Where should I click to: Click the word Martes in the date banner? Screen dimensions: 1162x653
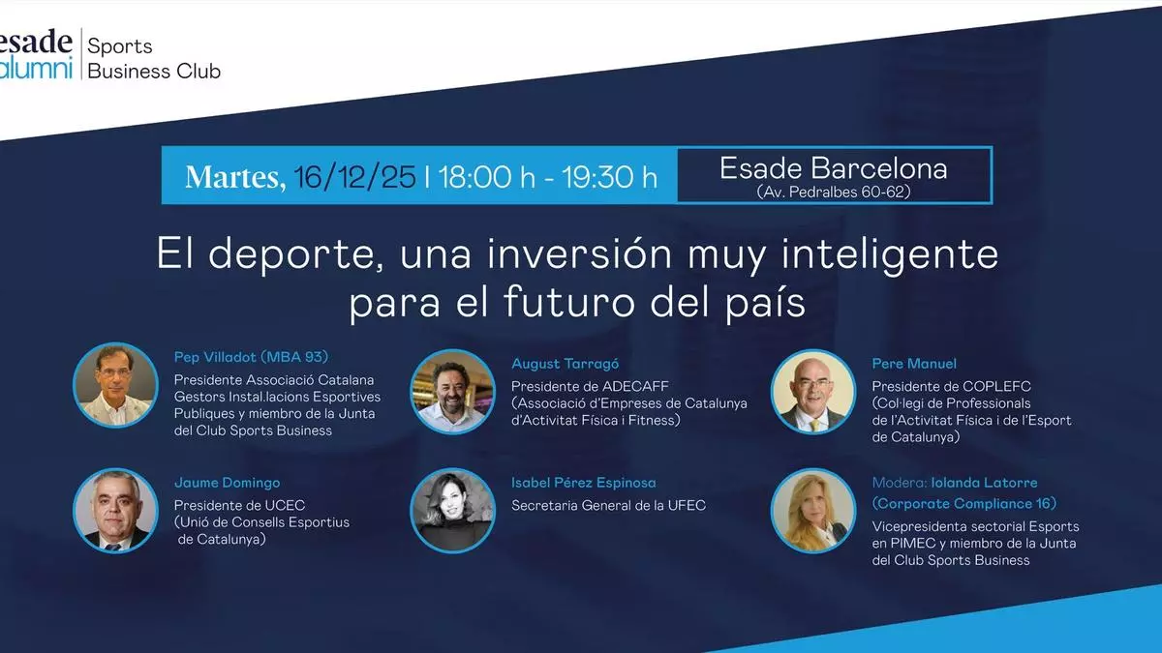pyautogui.click(x=235, y=177)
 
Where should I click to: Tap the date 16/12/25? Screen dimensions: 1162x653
pyautogui.click(x=355, y=177)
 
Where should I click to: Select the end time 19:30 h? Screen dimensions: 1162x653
pyautogui.click(x=609, y=177)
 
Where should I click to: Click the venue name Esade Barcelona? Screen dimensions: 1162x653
pyautogui.click(x=834, y=168)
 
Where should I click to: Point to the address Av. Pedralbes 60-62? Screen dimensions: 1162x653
pyautogui.click(x=834, y=192)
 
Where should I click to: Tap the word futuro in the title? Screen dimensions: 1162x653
pyautogui.click(x=569, y=302)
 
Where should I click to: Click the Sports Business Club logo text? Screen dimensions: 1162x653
pyautogui.click(x=154, y=58)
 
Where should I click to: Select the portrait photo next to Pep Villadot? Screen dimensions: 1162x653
pyautogui.click(x=115, y=385)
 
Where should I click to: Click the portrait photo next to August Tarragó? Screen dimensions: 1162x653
pyautogui.click(x=453, y=391)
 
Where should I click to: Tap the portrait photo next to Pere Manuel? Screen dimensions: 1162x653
pyautogui.click(x=812, y=391)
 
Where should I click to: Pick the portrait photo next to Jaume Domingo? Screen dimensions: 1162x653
pyautogui.click(x=115, y=511)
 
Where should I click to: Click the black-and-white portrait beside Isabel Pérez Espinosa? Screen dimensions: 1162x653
pyautogui.click(x=453, y=511)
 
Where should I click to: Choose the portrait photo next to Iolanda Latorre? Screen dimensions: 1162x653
pyautogui.click(x=812, y=511)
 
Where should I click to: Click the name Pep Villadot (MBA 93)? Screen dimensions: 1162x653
pyautogui.click(x=251, y=357)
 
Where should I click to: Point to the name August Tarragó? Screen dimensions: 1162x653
pyautogui.click(x=565, y=364)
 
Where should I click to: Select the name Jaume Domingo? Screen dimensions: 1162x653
pyautogui.click(x=228, y=483)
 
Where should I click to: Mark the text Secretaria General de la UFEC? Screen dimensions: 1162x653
pyautogui.click(x=608, y=505)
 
